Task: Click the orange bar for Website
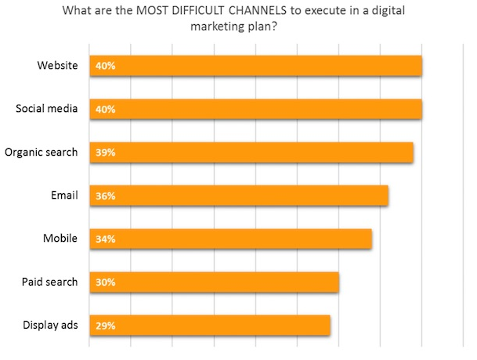pos(256,66)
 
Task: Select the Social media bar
pos(256,109)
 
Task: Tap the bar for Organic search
pos(251,152)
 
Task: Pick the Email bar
pos(239,196)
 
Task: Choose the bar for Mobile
pos(231,239)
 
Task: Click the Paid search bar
pos(215,282)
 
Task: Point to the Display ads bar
pos(210,325)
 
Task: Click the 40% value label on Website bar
pos(105,66)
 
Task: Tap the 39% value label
pos(105,153)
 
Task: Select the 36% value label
pos(105,196)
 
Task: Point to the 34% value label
pos(105,239)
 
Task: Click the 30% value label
pos(105,282)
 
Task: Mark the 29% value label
pos(105,325)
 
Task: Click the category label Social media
pos(47,108)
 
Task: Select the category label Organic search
pos(42,152)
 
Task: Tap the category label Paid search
pos(49,282)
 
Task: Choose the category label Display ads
pos(51,325)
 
